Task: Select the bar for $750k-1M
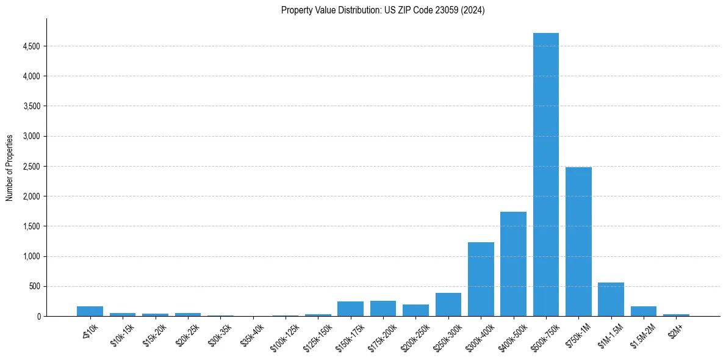(578, 242)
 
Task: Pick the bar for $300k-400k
(481, 279)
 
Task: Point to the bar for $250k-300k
(448, 304)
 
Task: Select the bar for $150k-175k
(350, 309)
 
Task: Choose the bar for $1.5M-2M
(643, 311)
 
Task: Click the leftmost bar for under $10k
(90, 311)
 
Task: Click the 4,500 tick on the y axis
(31, 46)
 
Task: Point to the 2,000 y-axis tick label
(31, 196)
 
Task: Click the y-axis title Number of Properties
(10, 168)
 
